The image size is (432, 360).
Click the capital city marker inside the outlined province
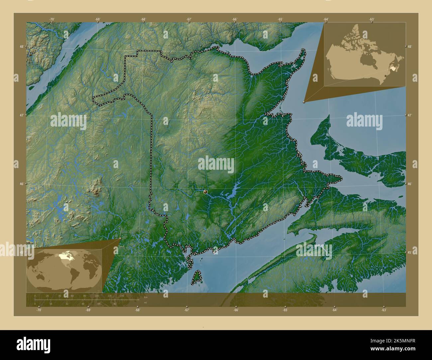205,192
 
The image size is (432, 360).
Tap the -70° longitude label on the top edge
52,19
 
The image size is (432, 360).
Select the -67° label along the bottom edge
187,310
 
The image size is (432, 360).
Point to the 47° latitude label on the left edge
21,115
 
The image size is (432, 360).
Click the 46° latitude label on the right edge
410,184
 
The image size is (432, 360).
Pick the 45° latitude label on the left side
21,253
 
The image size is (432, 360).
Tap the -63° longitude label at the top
372,19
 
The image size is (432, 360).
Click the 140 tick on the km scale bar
122,296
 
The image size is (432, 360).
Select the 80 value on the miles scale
115,304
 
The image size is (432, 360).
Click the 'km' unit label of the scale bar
146,297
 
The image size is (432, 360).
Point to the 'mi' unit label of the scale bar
145,303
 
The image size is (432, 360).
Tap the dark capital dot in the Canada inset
385,76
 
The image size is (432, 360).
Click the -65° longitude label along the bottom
285,310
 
